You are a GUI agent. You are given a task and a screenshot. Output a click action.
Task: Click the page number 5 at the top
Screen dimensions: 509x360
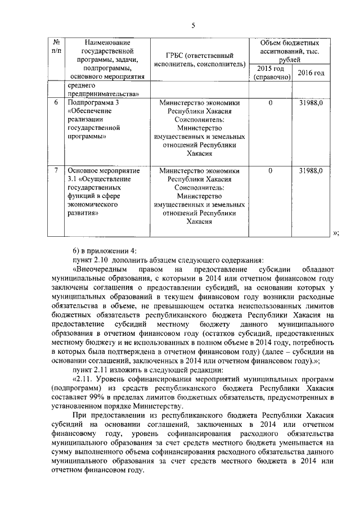tap(193, 25)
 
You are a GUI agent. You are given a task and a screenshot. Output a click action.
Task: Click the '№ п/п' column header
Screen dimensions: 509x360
tap(56, 47)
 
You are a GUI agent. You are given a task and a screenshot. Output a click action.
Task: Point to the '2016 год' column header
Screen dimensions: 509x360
tap(311, 73)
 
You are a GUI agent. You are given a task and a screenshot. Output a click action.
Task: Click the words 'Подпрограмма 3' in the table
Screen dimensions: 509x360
tap(93, 103)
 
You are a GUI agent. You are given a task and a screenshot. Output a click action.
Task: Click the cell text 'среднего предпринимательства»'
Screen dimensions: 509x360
tap(103, 90)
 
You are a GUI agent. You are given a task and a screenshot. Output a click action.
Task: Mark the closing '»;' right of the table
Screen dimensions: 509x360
tap(336, 234)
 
